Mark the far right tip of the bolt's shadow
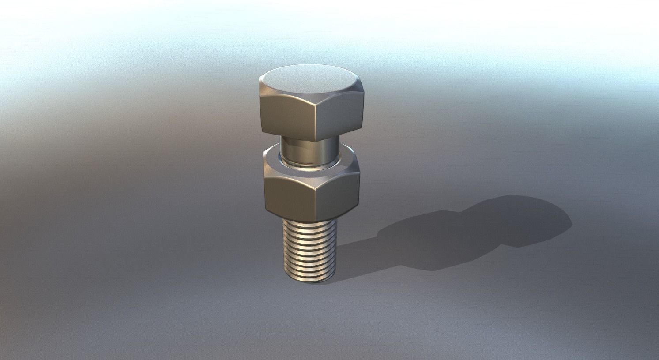[x=572, y=221]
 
